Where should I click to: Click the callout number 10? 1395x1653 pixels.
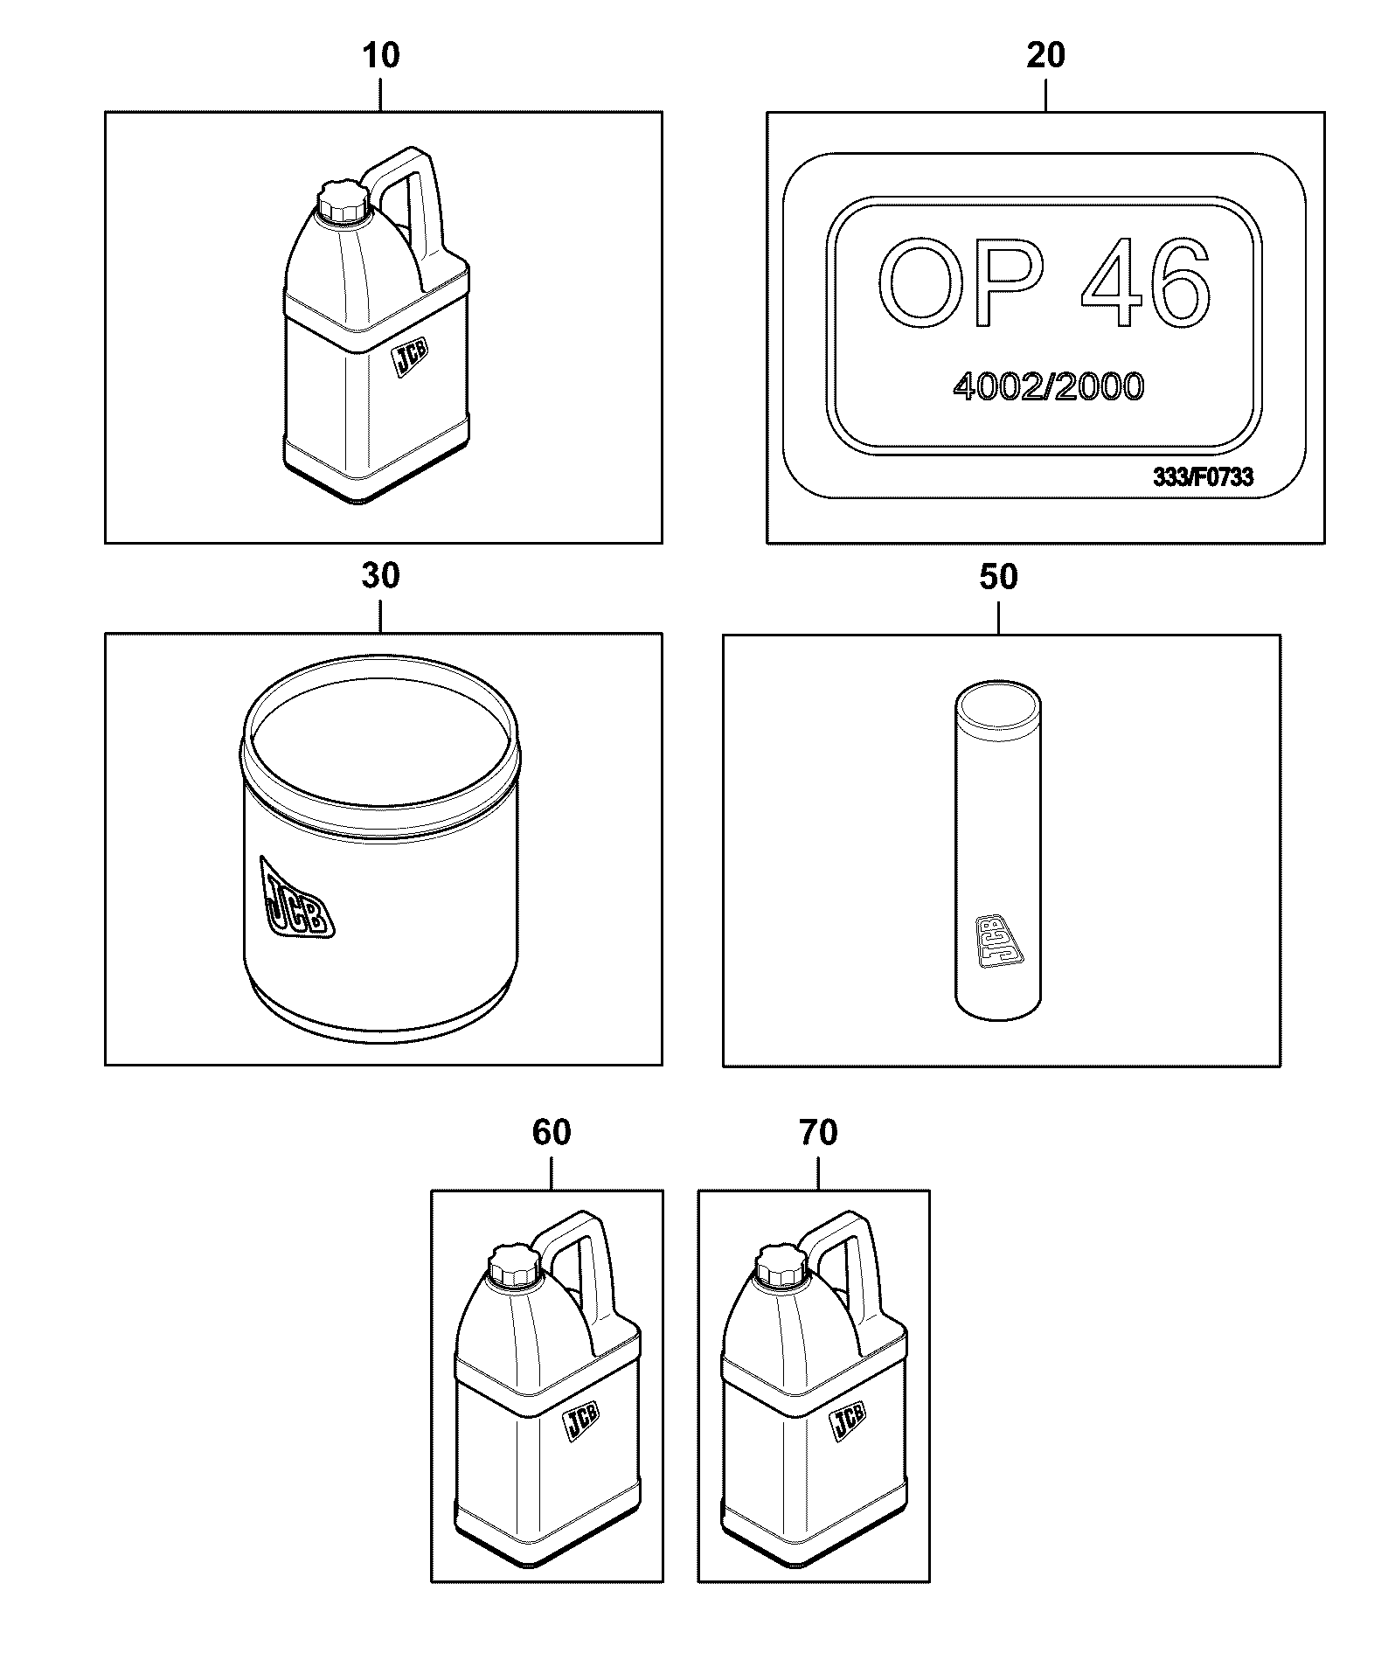click(x=381, y=56)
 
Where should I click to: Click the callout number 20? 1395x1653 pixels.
click(x=1045, y=56)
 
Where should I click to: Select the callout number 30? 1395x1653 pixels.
click(x=381, y=577)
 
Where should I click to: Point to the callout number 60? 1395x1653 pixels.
click(x=552, y=1133)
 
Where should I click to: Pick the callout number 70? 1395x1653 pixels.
click(x=818, y=1133)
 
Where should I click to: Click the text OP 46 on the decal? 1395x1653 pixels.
click(x=1044, y=283)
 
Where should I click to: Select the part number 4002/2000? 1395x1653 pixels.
click(x=1047, y=385)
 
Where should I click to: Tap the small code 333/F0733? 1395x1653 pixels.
click(x=1203, y=477)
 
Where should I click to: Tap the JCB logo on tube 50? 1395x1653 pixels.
click(x=990, y=941)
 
